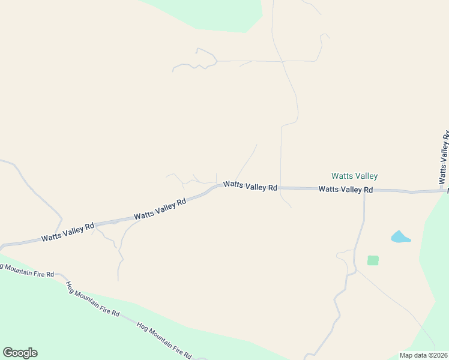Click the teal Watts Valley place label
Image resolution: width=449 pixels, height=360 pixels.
click(x=355, y=176)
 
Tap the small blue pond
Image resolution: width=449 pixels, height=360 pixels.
click(x=400, y=237)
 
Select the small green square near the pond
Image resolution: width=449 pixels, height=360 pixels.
click(x=373, y=260)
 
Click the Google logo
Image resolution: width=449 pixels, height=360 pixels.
click(x=20, y=353)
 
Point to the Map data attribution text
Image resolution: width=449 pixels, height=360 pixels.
click(x=424, y=355)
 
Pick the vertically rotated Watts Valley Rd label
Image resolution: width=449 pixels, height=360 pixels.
click(x=444, y=158)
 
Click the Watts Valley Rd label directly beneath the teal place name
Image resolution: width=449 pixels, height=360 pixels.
click(x=346, y=189)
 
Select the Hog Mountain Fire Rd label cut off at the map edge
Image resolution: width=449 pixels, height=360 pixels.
click(x=27, y=271)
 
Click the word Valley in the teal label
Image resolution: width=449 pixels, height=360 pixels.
click(x=366, y=176)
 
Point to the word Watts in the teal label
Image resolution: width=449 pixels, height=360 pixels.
click(x=342, y=176)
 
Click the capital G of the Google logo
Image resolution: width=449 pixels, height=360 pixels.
click(x=8, y=352)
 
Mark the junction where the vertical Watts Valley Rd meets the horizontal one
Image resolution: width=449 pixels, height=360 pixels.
click(x=445, y=191)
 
